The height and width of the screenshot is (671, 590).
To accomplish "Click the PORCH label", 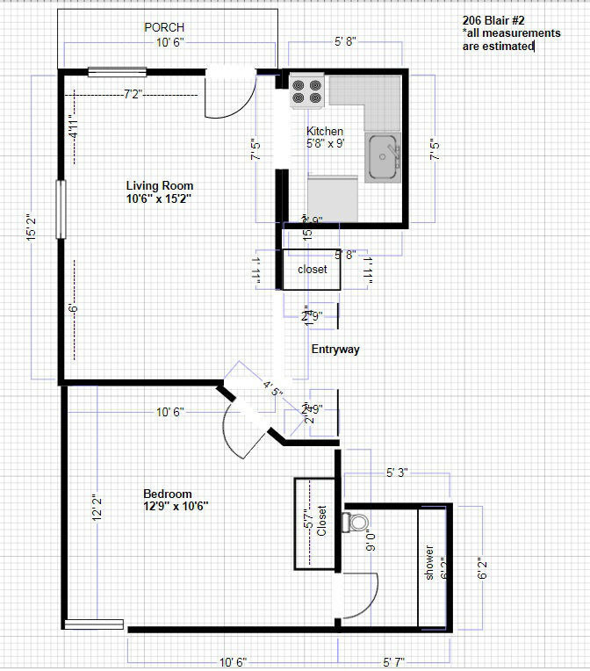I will click(164, 27).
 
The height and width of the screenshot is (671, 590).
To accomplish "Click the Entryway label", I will click(335, 350).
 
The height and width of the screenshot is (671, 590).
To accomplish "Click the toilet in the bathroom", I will click(356, 522).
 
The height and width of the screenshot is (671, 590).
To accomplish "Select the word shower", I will click(429, 562).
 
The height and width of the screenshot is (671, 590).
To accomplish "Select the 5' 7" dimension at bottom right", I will click(393, 661).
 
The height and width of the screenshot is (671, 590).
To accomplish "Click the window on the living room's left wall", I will click(61, 209).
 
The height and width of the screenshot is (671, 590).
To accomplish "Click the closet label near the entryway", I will click(312, 269).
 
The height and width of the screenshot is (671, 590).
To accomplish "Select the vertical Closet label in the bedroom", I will click(321, 520).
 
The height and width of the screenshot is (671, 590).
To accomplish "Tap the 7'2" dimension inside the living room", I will click(133, 93).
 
